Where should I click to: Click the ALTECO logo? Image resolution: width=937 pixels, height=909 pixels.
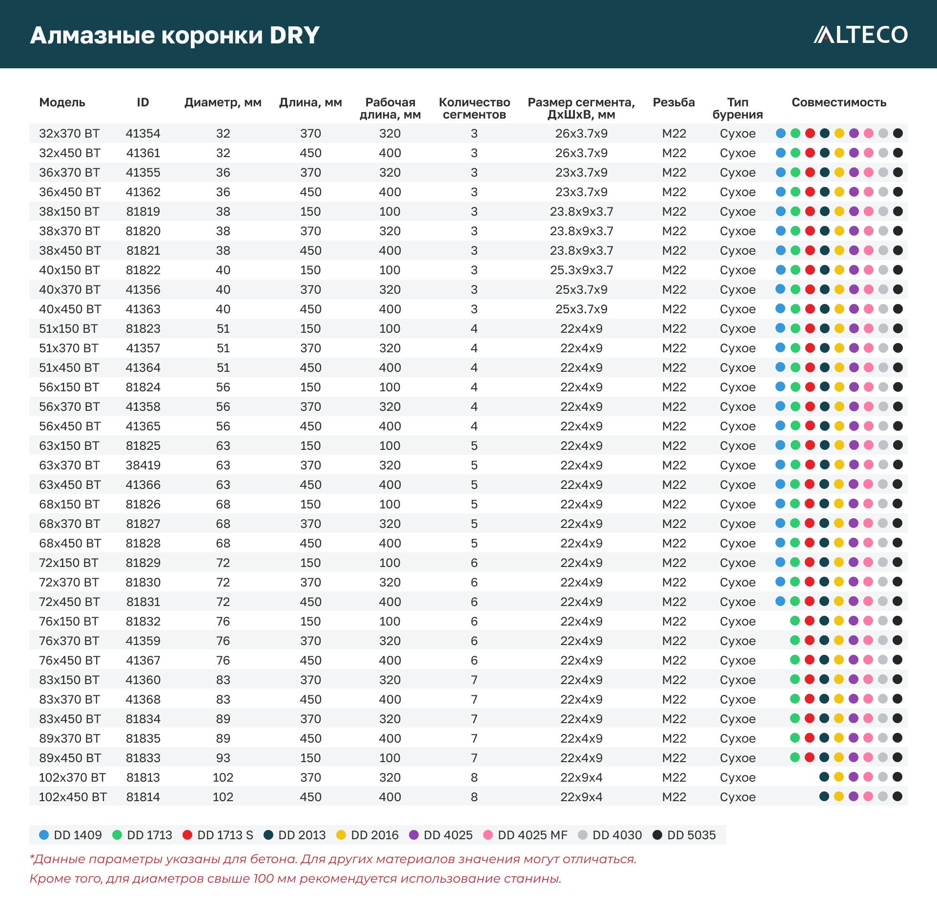pyautogui.click(x=860, y=35)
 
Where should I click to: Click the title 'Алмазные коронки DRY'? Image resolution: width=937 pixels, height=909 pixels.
pyautogui.click(x=175, y=35)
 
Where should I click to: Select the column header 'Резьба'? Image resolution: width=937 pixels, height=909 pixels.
pyautogui.click(x=673, y=102)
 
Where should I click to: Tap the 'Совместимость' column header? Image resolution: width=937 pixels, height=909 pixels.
pyautogui.click(x=838, y=102)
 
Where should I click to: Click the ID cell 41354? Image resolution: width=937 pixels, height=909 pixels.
pyautogui.click(x=143, y=134)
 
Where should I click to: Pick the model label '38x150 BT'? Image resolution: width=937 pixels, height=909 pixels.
pyautogui.click(x=69, y=212)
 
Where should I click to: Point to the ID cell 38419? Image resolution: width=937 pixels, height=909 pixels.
pyautogui.click(x=143, y=465)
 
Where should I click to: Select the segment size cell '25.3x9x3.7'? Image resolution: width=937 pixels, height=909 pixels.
pyautogui.click(x=581, y=270)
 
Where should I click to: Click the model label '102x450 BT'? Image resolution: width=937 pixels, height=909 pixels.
pyautogui.click(x=73, y=797)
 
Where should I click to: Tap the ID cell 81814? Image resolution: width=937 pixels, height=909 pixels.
pyautogui.click(x=143, y=797)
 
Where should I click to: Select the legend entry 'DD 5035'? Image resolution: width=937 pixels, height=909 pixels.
pyautogui.click(x=684, y=835)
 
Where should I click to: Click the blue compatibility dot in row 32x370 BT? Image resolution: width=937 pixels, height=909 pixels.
pyautogui.click(x=781, y=133)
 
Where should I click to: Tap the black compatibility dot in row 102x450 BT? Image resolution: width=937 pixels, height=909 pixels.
pyautogui.click(x=897, y=796)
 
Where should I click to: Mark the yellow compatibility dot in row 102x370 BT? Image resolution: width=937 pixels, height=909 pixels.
pyautogui.click(x=839, y=777)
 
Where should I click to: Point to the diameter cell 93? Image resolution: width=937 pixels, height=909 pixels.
pyautogui.click(x=223, y=758)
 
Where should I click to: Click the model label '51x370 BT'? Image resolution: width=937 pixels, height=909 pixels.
pyautogui.click(x=69, y=348)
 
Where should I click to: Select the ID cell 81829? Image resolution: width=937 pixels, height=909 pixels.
pyautogui.click(x=143, y=563)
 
